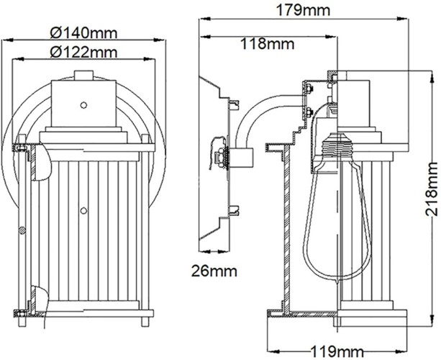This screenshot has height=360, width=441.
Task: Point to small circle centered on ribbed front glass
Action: point(84,210)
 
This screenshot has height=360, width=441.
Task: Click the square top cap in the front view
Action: point(83,101)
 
